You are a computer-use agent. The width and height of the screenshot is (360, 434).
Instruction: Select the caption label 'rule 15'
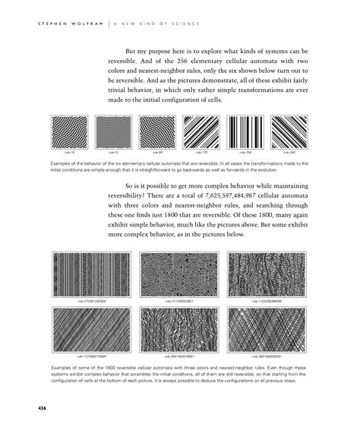[69, 153]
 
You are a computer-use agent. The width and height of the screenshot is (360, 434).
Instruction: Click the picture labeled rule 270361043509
[90, 274]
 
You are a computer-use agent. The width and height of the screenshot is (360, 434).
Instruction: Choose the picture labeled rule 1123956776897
[90, 331]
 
